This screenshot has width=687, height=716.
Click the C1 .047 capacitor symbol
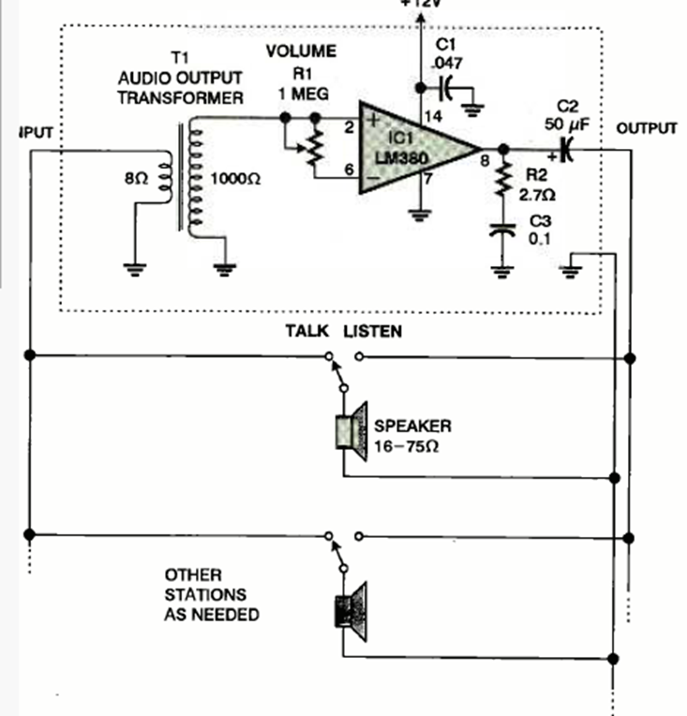click(x=446, y=89)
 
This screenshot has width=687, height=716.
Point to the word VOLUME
click(x=301, y=51)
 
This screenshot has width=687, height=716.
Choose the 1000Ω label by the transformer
click(x=235, y=176)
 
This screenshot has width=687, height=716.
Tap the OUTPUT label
click(x=646, y=128)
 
